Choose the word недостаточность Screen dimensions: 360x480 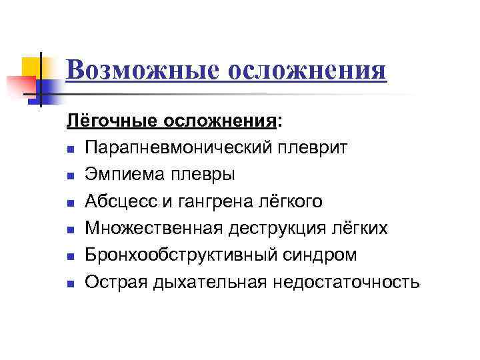[x=346, y=283]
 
